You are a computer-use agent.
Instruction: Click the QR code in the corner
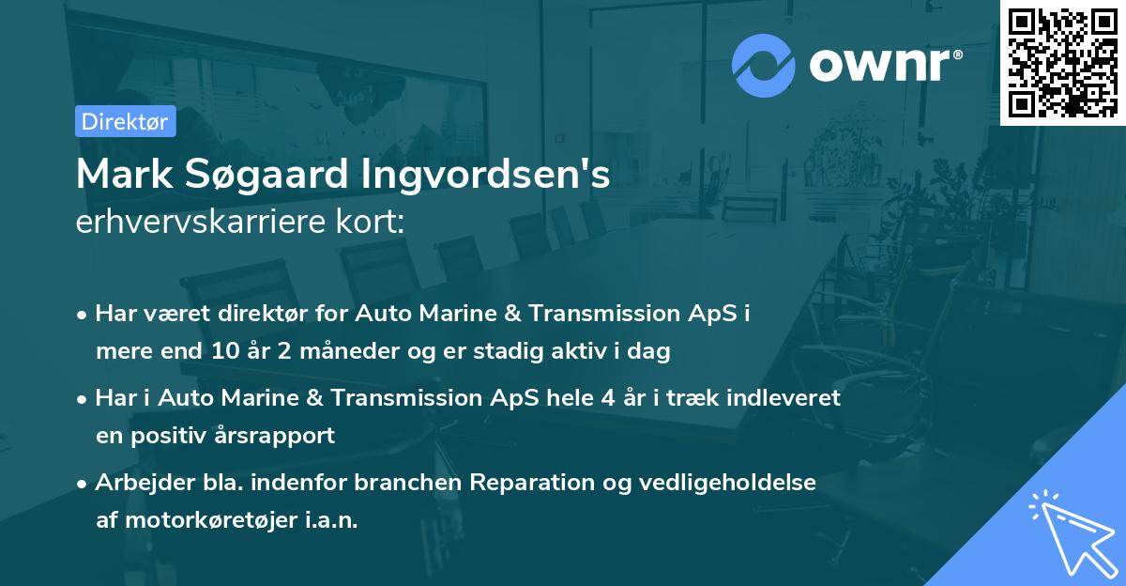pyautogui.click(x=1063, y=62)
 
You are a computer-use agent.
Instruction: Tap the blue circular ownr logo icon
pyautogui.click(x=764, y=66)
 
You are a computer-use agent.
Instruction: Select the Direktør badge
pyautogui.click(x=125, y=121)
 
